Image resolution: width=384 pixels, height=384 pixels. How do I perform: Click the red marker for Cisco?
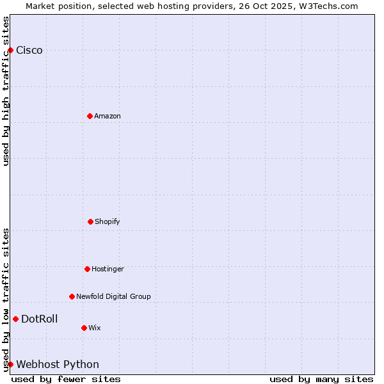(x=10, y=50)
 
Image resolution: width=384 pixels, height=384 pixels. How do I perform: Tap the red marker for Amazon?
(x=90, y=116)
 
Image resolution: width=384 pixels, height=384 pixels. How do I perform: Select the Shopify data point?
(x=90, y=221)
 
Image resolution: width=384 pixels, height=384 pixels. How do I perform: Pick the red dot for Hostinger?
(x=87, y=269)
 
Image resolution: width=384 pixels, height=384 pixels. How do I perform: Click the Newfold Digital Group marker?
(x=72, y=296)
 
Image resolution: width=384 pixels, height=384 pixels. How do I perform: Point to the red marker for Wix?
(x=84, y=328)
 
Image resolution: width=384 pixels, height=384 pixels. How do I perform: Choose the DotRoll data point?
(x=15, y=319)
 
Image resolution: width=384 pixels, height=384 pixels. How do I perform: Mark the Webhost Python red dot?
(x=10, y=364)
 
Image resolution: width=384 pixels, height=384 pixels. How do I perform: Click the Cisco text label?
(x=29, y=51)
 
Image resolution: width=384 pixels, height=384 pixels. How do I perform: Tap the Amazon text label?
(x=108, y=116)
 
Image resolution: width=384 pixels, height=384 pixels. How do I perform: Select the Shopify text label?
(x=108, y=222)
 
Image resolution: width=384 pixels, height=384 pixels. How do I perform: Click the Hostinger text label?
(x=108, y=269)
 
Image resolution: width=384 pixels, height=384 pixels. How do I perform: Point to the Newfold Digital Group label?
(x=113, y=297)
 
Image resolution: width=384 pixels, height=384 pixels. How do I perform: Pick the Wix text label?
(x=95, y=328)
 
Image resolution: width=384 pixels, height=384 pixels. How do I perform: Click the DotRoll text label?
(x=39, y=319)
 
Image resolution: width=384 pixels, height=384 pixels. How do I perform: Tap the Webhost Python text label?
(x=58, y=365)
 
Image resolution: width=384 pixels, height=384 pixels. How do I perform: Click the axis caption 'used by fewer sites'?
(x=66, y=379)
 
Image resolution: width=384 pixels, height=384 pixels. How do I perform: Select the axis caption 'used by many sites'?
(x=321, y=379)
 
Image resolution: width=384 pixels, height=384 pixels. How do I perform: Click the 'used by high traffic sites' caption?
(x=6, y=91)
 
